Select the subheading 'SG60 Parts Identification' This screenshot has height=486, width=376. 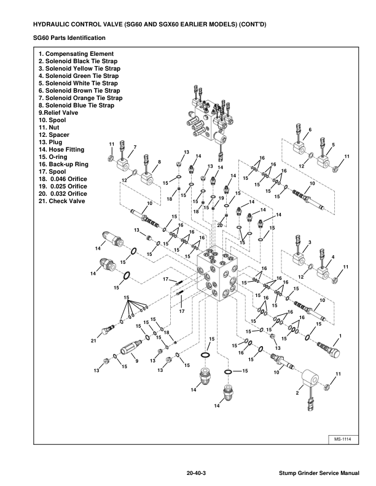(68, 38)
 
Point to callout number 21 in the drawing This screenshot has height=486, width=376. (94, 341)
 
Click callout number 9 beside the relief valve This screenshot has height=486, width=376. (136, 361)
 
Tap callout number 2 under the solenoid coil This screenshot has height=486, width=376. (297, 392)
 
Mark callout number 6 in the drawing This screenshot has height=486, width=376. (310, 129)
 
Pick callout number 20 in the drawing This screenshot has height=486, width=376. (219, 225)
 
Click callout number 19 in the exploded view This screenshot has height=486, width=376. (222, 198)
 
